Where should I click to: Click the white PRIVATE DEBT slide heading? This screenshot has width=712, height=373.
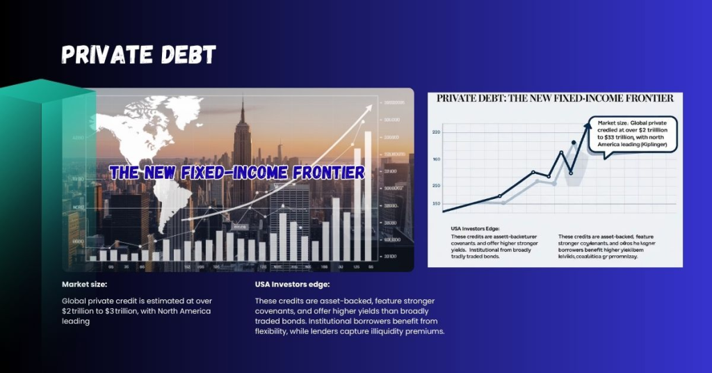tap(138, 55)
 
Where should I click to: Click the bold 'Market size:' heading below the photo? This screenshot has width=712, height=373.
tap(83, 285)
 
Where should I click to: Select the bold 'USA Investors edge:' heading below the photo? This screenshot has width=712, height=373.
tap(292, 285)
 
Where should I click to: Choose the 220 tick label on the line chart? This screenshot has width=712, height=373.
tap(437, 132)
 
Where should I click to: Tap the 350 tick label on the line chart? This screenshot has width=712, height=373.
tap(437, 203)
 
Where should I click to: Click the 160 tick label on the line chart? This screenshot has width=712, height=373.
tap(437, 159)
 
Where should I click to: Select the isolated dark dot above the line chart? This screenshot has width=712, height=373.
tap(574, 143)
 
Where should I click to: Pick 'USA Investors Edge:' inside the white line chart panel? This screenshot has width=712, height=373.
tap(471, 228)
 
